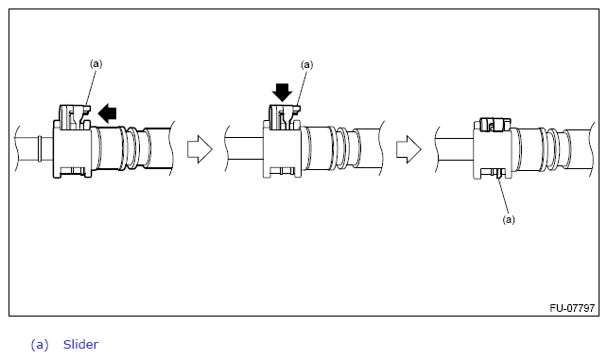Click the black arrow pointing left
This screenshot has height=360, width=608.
pos(107,113)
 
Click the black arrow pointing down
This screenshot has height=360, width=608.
pos(283,93)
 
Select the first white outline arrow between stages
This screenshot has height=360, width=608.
pos(200,149)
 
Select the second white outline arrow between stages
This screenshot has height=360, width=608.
pos(408,149)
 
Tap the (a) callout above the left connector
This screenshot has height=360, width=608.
pos(96,63)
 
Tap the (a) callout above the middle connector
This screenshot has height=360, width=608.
pos(306,64)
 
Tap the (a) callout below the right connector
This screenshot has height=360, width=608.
pos(509,220)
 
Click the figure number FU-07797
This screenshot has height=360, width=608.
pos(572,308)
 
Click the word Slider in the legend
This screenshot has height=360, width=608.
pos(80,344)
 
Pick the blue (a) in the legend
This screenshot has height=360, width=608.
pos(40,345)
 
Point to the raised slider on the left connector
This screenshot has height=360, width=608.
pos(75,116)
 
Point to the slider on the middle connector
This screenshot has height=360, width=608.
pos(285,117)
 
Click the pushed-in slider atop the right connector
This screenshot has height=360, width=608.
pos(495,125)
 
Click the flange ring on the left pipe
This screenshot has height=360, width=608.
pos(40,148)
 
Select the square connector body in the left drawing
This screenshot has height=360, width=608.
pos(72,149)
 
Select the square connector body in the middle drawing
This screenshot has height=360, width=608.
pos(282,149)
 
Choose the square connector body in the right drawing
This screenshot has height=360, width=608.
pos(493,149)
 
